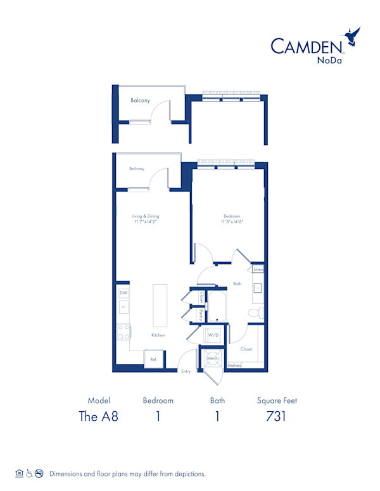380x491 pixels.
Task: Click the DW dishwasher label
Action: pos(123,292)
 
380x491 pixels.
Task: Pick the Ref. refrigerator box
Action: pos(153,359)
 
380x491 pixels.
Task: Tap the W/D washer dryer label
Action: pos(213,335)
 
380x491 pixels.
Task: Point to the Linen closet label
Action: pos(258,270)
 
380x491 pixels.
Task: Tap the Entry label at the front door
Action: pos(186,371)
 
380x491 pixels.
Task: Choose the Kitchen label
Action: pos(158,335)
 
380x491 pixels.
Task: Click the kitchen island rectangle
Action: pos(160,304)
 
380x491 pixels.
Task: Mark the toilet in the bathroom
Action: pos(254,313)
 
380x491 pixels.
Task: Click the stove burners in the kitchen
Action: pos(123,332)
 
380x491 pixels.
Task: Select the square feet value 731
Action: pos(277,416)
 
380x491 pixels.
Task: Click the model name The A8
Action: pos(98,416)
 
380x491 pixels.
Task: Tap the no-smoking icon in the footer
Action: pos(39,473)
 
